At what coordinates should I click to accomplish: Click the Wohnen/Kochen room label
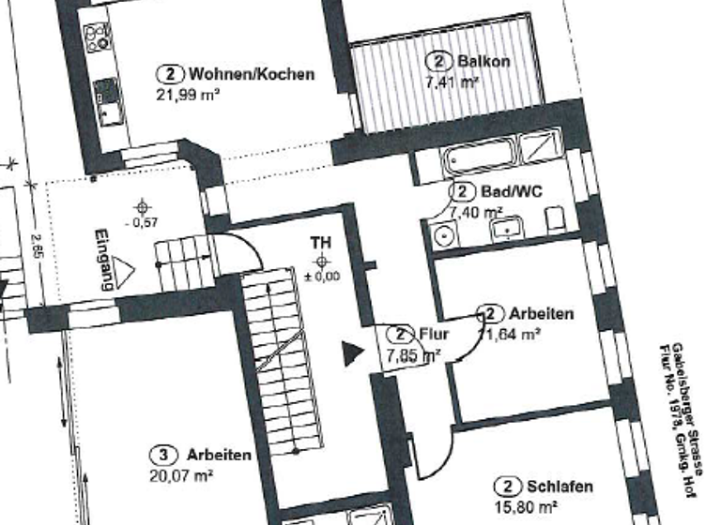coord(251,74)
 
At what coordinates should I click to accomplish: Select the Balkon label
coord(483,62)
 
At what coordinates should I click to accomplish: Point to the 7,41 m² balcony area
coord(453,82)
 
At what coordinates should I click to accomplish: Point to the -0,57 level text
coord(143,222)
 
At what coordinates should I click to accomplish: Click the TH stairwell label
coord(321,243)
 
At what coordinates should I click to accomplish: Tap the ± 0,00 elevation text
coord(322,276)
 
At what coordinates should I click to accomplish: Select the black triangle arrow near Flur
coord(350,353)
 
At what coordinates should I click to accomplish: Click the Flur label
coord(435,334)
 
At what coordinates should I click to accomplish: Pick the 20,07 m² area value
coord(179,475)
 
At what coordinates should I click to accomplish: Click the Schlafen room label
coord(560,487)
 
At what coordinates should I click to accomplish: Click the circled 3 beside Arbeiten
coord(164,455)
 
